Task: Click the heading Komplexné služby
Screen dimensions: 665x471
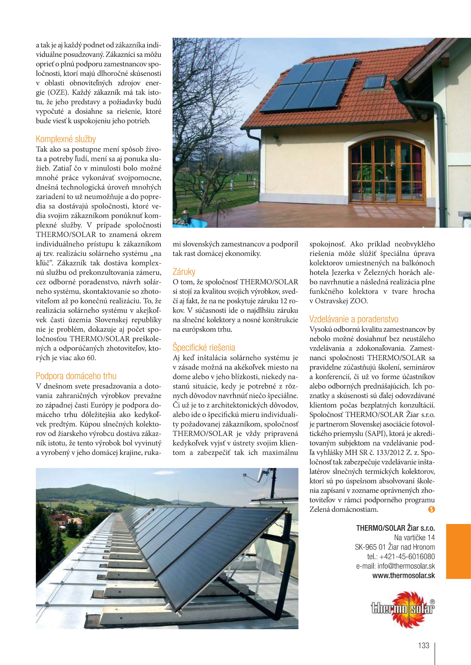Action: (65, 139)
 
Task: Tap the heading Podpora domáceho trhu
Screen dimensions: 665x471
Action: (76, 376)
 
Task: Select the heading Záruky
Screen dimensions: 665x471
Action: (184, 272)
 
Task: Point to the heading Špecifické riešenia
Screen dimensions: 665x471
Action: (204, 347)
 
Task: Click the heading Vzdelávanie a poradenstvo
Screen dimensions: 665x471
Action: (354, 319)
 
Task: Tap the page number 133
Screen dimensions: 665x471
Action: (423, 645)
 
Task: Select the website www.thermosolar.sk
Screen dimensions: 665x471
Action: (404, 575)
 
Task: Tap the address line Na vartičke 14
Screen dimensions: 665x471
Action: (414, 538)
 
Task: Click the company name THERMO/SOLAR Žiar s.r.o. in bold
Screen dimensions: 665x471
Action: (395, 528)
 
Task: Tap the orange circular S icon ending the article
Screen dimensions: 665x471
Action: (431, 509)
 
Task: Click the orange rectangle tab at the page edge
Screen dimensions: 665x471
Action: (458, 551)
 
